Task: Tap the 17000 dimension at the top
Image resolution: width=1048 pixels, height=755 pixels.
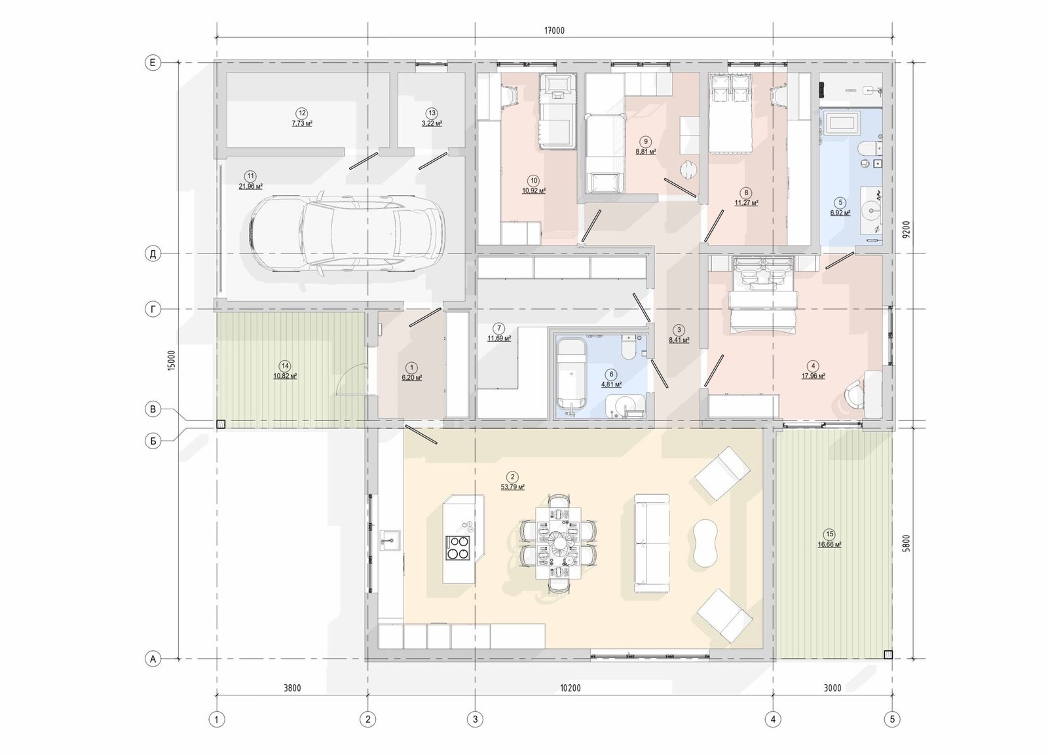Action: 554,30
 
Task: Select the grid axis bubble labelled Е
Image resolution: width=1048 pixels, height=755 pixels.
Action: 153,63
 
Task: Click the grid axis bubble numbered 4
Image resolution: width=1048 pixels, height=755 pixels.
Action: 773,718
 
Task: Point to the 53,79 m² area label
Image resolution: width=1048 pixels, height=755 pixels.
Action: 513,487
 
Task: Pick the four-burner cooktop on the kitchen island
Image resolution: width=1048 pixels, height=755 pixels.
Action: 458,548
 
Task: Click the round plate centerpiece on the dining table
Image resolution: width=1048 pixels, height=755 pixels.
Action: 559,542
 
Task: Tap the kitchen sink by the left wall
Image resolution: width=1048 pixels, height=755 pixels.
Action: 390,541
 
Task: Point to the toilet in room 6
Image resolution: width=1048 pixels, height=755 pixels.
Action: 628,348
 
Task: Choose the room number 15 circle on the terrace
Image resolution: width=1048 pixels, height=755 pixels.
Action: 829,534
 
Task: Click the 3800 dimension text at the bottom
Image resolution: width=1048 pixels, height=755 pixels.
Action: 292,688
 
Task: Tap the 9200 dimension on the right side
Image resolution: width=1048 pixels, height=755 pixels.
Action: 907,230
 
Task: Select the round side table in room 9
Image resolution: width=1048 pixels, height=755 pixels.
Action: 688,170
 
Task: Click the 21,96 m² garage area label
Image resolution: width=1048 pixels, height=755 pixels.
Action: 251,186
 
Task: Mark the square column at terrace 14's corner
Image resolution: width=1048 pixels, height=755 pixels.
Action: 221,425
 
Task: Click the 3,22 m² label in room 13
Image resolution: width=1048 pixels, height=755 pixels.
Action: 432,124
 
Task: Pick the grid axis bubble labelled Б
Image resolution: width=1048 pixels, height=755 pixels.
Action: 153,441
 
